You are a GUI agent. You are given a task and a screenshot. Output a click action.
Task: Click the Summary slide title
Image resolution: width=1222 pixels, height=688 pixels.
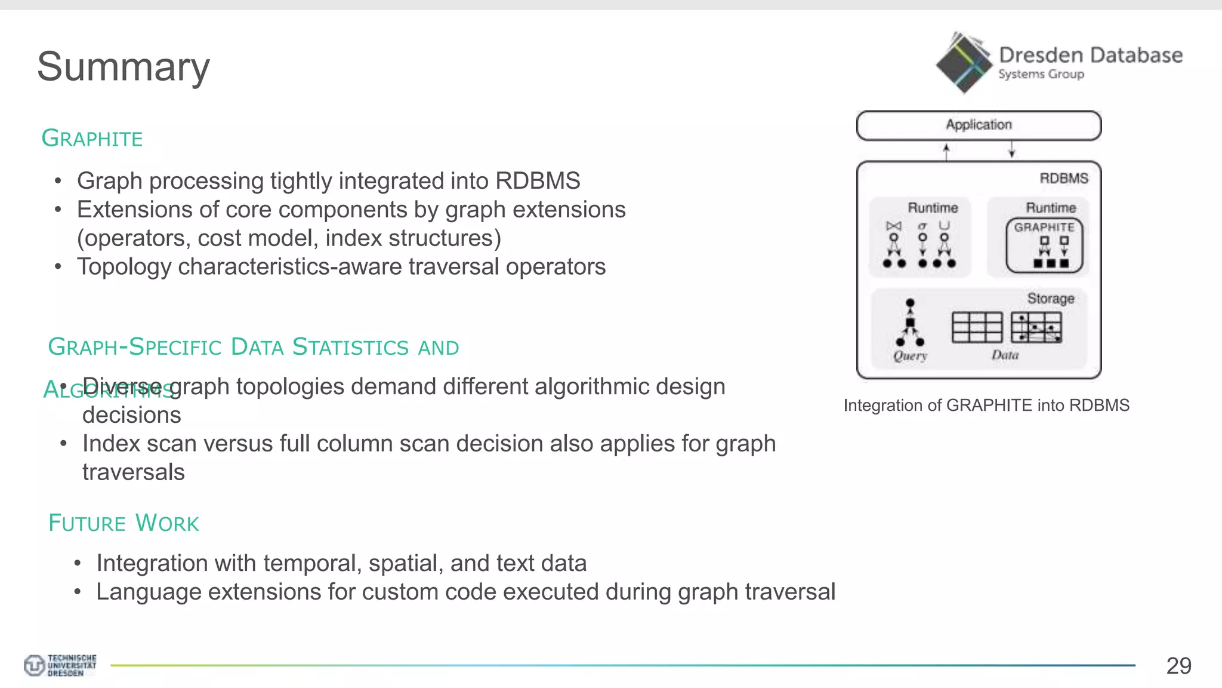[124, 66]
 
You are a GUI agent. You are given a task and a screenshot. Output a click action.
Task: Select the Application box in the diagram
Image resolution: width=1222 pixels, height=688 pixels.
[979, 125]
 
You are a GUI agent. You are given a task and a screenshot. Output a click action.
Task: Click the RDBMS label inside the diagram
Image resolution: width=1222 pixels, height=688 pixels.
[1063, 179]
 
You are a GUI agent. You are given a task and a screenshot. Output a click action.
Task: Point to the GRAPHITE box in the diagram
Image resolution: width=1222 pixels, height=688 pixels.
[1044, 245]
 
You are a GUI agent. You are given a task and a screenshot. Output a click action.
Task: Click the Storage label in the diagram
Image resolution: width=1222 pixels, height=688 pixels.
[1050, 299]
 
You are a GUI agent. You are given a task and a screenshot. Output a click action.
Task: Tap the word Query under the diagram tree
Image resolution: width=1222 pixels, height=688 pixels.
[910, 356]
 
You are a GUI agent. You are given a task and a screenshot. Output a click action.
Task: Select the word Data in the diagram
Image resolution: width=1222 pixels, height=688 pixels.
[1005, 355]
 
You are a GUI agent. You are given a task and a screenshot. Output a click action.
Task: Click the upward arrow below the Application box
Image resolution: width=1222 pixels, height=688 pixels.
[946, 151]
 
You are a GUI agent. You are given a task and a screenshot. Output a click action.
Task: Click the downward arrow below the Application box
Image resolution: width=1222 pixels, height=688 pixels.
[1012, 150]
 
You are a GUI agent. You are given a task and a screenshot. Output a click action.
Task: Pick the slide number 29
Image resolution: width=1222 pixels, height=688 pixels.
[1178, 666]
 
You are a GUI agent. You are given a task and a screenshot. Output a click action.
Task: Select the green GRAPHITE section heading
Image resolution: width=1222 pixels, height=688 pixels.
[92, 139]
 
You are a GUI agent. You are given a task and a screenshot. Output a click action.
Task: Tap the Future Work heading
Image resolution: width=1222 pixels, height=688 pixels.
[124, 523]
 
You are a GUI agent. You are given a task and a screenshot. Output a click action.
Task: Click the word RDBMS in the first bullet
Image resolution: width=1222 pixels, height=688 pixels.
[538, 181]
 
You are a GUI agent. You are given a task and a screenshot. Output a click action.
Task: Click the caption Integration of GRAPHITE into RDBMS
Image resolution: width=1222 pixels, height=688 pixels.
[986, 406]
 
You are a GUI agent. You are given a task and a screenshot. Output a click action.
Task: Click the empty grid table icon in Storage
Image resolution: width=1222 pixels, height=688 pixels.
[977, 327]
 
